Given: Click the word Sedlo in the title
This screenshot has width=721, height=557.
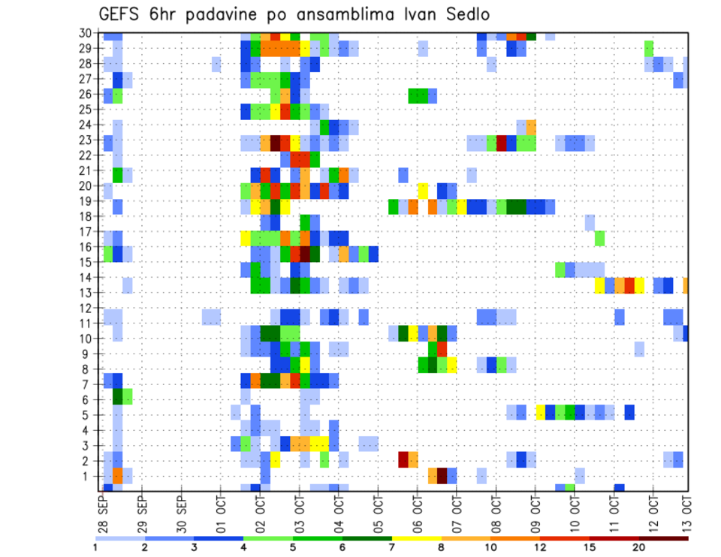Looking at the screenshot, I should (467, 14).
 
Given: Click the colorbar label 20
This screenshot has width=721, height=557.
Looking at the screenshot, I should (638, 547).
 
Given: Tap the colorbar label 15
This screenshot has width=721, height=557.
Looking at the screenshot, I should (590, 547).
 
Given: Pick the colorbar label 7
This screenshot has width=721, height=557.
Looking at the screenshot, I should (392, 547).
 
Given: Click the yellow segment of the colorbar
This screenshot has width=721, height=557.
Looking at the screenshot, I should (417, 538).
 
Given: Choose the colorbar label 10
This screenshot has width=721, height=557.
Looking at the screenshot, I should (490, 547).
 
